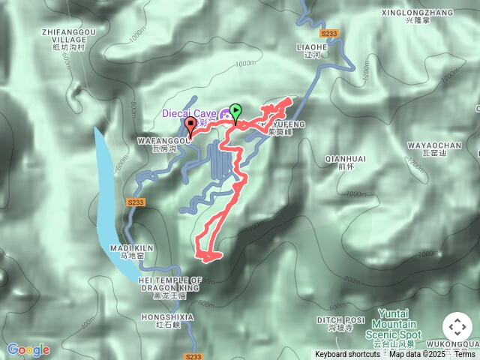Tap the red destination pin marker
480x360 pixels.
tap(190, 126)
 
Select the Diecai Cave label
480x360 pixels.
tap(189, 113)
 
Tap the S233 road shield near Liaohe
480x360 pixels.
tap(329, 34)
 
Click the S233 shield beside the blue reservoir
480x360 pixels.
tap(135, 202)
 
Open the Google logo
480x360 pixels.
tap(28, 349)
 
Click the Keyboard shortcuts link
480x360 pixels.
tap(347, 354)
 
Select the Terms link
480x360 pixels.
tap(464, 354)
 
